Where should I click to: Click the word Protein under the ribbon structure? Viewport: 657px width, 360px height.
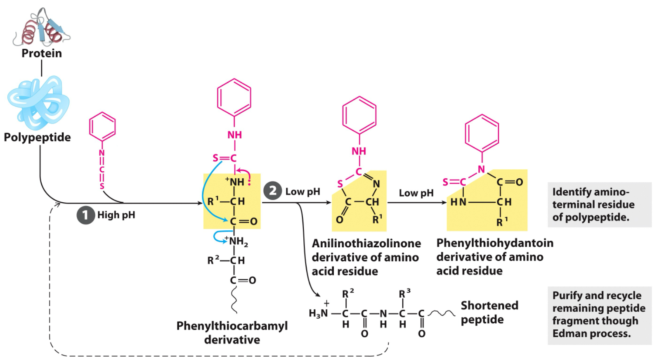tap(42, 53)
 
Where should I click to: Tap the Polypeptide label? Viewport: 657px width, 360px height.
tap(37, 137)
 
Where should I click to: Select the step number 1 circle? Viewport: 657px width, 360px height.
tap(85, 215)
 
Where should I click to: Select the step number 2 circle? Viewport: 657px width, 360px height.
tap(272, 191)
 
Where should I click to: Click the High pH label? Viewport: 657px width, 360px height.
tap(116, 215)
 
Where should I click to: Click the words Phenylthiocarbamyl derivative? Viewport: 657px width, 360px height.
tap(232, 333)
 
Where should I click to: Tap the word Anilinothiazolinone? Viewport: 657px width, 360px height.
tap(366, 244)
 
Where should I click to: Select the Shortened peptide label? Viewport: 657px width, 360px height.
tap(489, 313)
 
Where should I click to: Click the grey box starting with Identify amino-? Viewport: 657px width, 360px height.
tap(599, 205)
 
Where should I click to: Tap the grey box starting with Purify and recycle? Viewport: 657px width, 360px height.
tap(599, 315)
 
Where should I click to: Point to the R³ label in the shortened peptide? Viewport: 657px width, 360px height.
tap(404, 294)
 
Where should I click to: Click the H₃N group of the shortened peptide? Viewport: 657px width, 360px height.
tap(318, 313)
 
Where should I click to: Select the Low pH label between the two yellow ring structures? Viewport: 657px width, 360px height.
tap(416, 193)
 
